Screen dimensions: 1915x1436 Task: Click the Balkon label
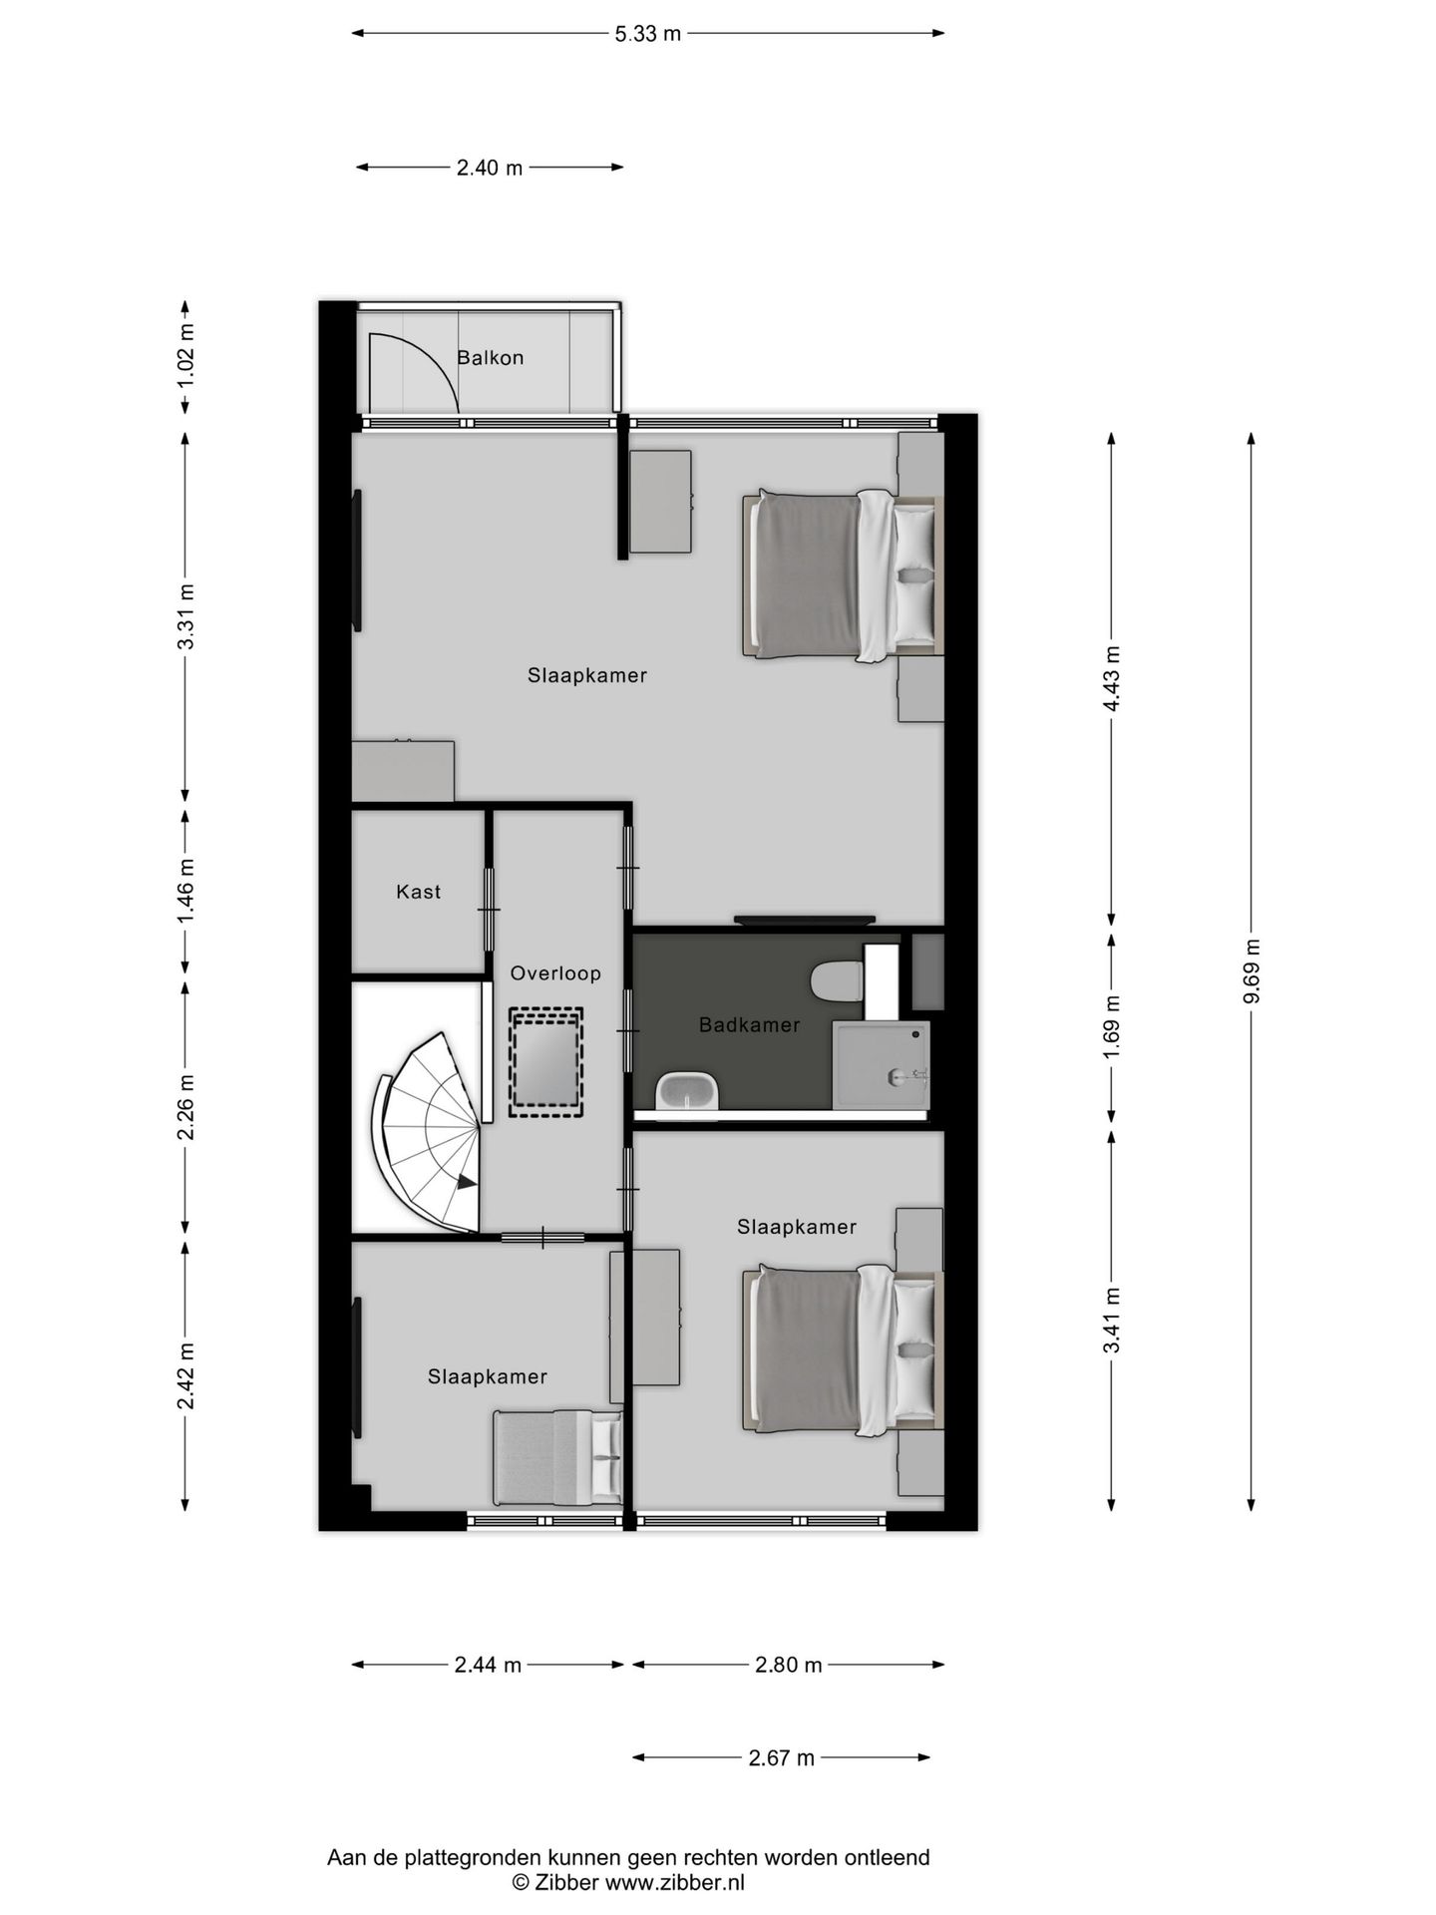(490, 357)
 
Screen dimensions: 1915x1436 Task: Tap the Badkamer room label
(749, 1024)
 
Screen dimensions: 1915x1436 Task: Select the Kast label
(418, 892)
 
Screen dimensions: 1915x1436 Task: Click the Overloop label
(555, 973)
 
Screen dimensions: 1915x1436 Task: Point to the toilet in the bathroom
(836, 980)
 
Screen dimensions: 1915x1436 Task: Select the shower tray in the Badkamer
(882, 1063)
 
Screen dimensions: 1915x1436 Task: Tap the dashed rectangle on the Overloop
(545, 1062)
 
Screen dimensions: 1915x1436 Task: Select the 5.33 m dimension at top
(647, 34)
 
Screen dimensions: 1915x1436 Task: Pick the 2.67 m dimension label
(781, 1757)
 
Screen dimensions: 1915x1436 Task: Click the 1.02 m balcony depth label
(186, 356)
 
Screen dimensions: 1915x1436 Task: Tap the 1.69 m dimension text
(1113, 1027)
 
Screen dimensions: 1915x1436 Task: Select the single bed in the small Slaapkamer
(556, 1457)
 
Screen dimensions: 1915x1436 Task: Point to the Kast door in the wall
(489, 909)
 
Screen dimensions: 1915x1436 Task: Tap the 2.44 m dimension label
(488, 1665)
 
